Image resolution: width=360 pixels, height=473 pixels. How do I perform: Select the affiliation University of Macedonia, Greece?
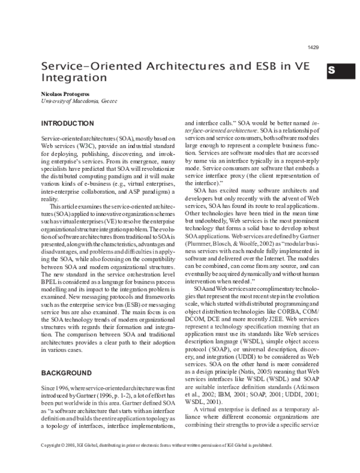pyautogui.click(x=74, y=101)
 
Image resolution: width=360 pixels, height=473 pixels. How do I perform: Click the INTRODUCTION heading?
pyautogui.click(x=67, y=123)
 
